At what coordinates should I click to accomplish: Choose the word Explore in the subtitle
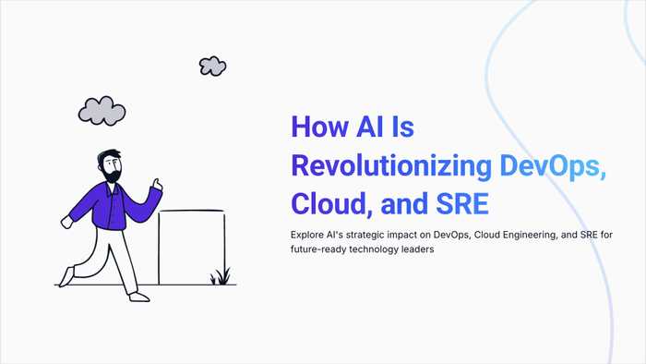[309, 234]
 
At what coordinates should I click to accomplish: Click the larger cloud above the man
[102, 110]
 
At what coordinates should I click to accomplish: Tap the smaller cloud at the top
[212, 66]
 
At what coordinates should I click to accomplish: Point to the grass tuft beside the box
[220, 276]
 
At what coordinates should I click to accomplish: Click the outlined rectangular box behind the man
[192, 246]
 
